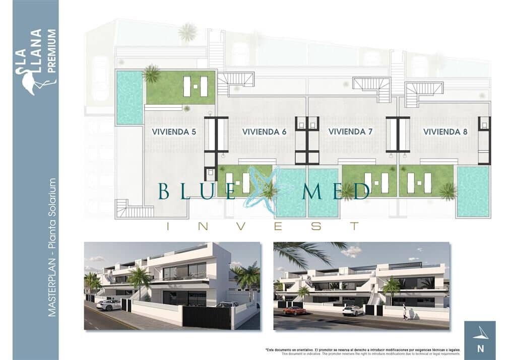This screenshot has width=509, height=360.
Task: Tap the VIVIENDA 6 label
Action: [264, 132]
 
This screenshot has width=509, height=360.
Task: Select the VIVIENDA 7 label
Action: [350, 132]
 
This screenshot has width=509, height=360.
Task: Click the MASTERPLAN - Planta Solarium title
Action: [51, 247]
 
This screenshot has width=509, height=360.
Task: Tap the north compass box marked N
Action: [479, 340]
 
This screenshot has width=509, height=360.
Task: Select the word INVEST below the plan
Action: [263, 227]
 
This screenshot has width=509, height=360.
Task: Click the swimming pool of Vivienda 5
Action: [130, 97]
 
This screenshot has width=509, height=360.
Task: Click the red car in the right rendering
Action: [294, 311]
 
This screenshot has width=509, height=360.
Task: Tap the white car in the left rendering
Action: [108, 305]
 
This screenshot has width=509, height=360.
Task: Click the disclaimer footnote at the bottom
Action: [363, 351]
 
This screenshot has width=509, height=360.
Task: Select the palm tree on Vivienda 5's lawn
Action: [151, 74]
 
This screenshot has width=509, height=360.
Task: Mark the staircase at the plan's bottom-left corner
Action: [130, 208]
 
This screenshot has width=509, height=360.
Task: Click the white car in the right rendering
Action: [353, 311]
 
